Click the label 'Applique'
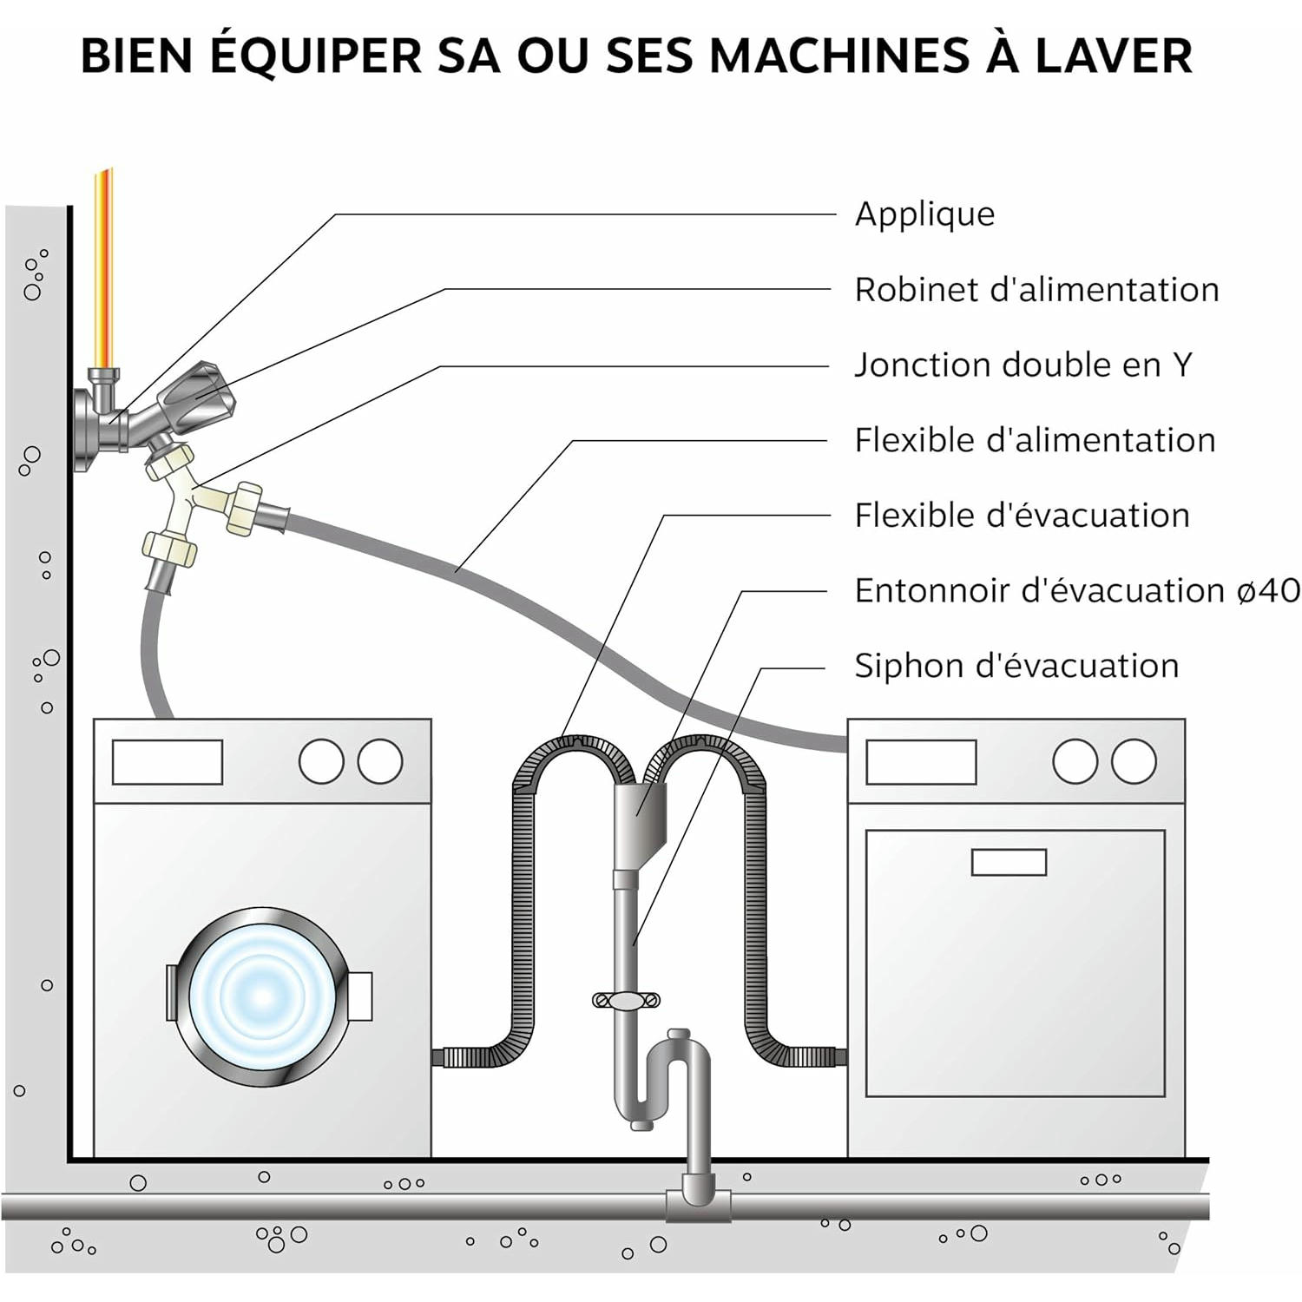924,214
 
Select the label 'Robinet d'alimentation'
1036,290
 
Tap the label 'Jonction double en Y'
1023,365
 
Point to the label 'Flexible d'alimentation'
1035,441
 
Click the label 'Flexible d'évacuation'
1022,516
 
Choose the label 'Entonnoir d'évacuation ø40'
1077,591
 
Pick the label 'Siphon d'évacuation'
1016,667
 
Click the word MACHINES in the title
838,56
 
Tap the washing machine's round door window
262,995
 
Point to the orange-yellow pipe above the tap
103,269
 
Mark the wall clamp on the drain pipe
626,1001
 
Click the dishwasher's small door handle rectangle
1009,862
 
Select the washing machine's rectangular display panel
168,762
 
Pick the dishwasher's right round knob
1134,762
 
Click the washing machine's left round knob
321,762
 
